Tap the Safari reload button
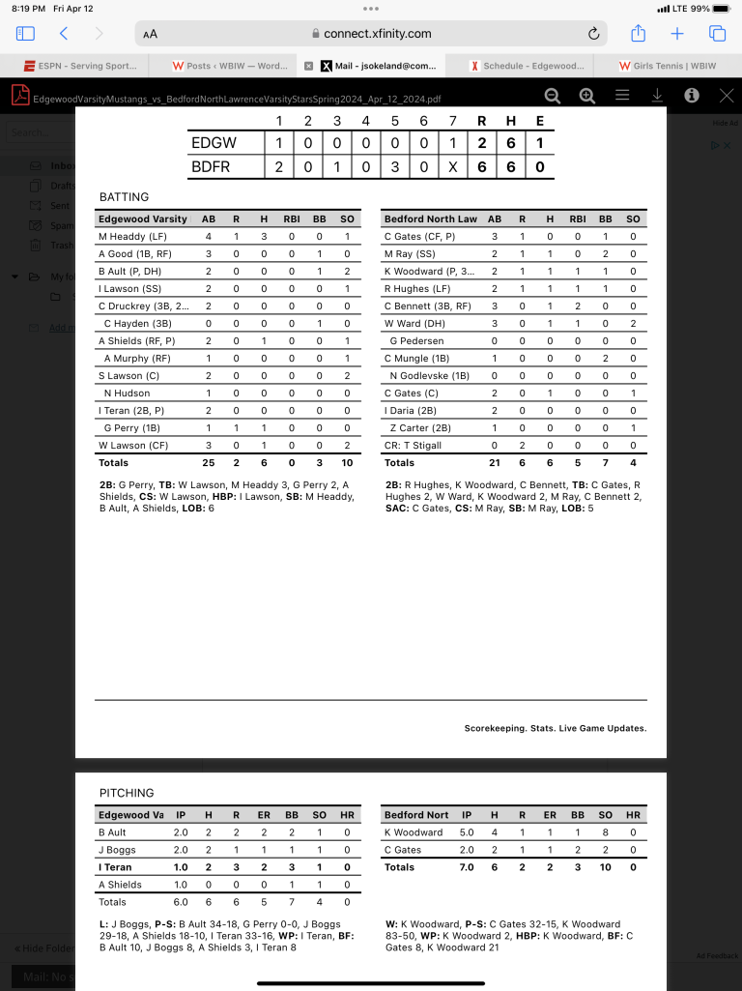click(593, 34)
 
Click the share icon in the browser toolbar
click(638, 34)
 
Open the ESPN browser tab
click(76, 66)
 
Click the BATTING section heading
click(124, 197)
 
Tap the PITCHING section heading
click(127, 793)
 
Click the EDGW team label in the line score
click(214, 142)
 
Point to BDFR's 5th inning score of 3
click(394, 166)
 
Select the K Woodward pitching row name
click(414, 832)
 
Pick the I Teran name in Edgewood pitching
click(115, 867)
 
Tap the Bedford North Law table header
click(430, 219)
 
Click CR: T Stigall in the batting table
click(414, 446)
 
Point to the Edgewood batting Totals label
click(113, 463)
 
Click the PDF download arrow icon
click(657, 96)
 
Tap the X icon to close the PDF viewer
click(727, 96)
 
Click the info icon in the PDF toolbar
click(692, 96)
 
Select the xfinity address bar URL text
click(377, 34)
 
